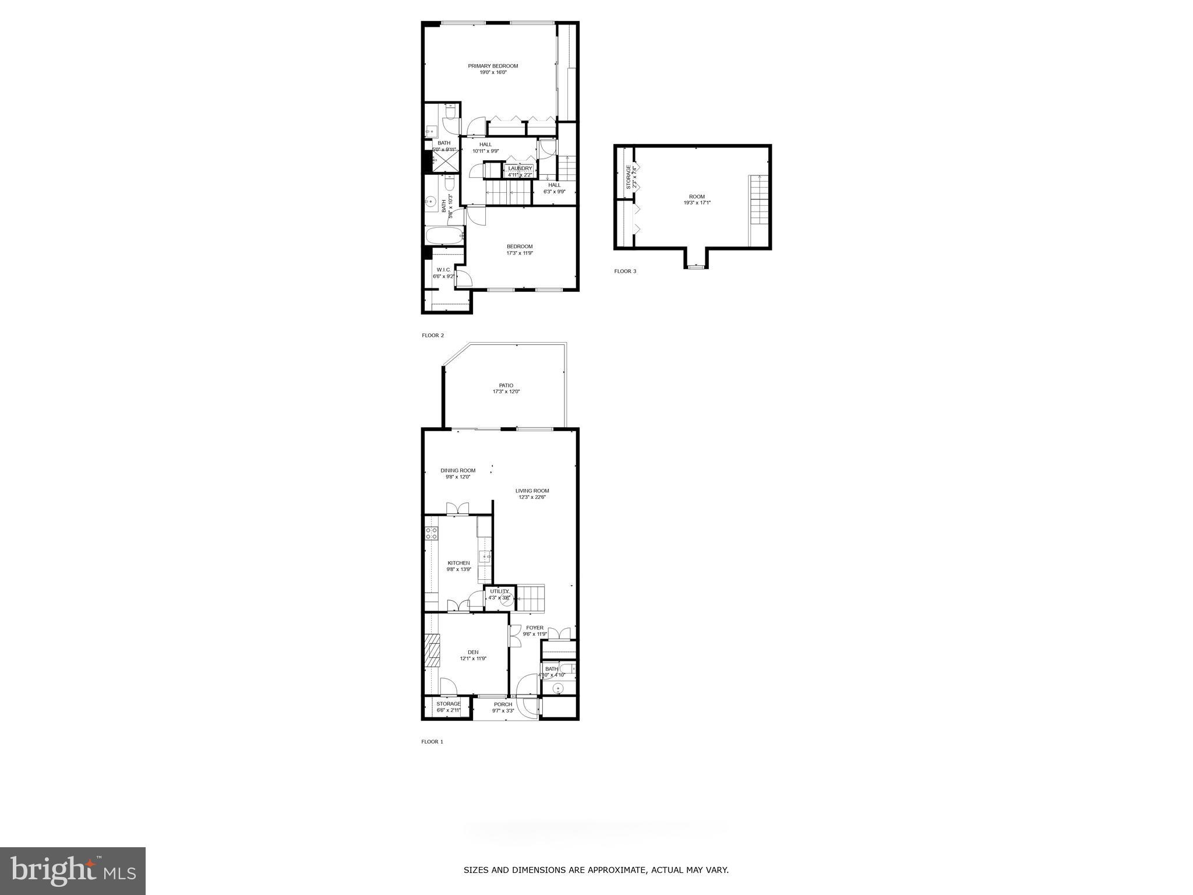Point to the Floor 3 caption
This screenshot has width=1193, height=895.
(625, 271)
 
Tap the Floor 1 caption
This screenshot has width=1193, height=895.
(432, 742)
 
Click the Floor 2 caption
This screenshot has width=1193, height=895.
(433, 335)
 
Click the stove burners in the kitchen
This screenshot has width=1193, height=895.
(432, 533)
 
